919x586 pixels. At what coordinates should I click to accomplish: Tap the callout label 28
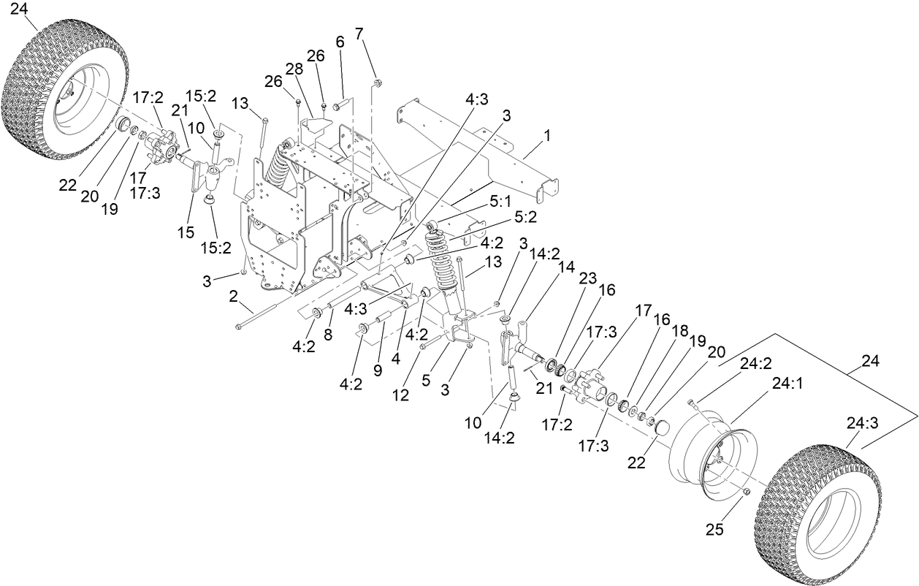[294, 69]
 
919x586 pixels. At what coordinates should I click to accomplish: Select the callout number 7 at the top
[359, 33]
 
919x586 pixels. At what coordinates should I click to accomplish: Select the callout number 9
[378, 370]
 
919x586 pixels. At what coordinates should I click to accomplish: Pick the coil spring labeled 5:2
[443, 263]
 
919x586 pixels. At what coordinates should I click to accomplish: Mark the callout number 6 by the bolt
[340, 42]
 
